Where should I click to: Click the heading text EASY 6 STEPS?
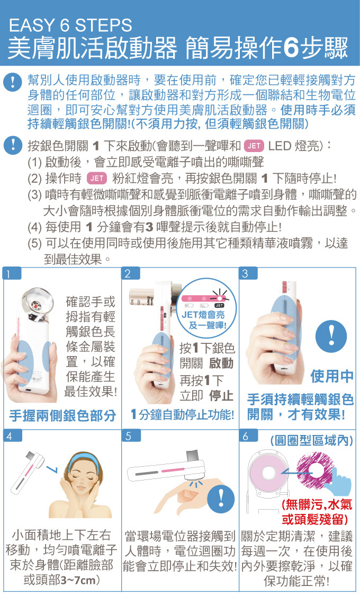pos(70,25)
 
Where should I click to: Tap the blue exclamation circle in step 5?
pos(221,500)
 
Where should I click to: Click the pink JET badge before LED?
pos(254,146)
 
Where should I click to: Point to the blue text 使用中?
pos(332,376)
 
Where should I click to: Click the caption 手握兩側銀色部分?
pos(63,415)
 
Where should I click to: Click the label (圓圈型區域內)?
pos(311,441)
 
